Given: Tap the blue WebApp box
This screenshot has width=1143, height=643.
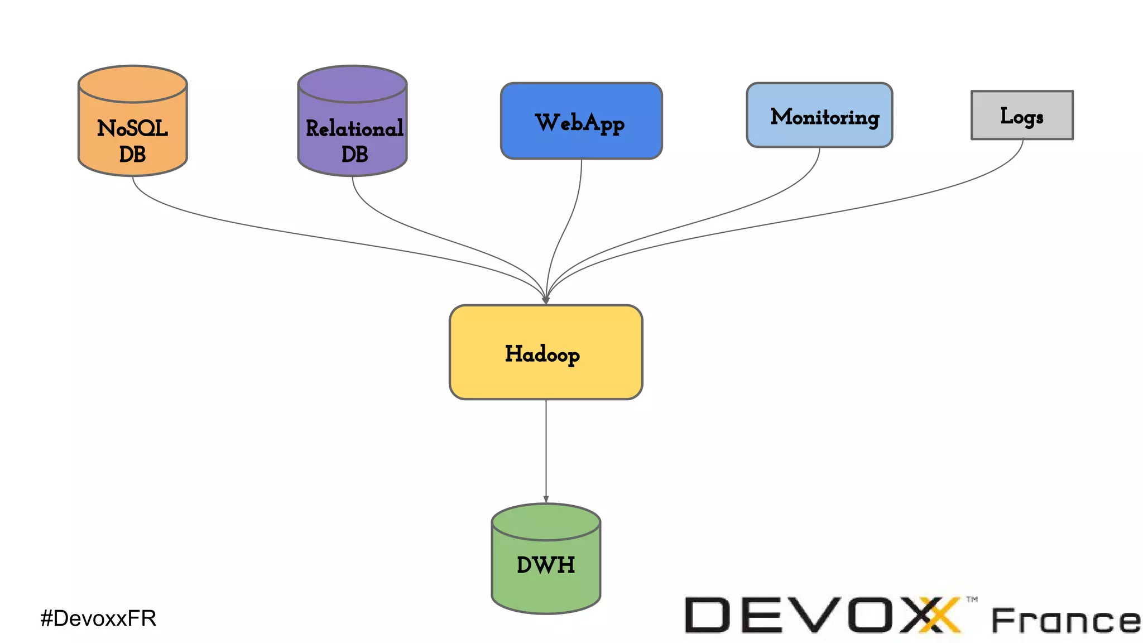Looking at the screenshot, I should tap(581, 121).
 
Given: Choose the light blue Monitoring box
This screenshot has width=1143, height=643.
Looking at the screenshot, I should tap(819, 116).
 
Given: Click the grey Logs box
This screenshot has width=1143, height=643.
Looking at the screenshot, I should tap(1022, 116).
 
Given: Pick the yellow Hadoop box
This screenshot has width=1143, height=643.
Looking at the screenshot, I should tap(546, 352).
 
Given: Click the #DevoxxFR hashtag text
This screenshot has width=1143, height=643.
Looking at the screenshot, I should tap(98, 618).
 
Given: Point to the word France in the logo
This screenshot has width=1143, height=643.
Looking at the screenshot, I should tap(1065, 621).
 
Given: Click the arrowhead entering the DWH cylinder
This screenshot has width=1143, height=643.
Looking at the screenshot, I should tap(546, 500).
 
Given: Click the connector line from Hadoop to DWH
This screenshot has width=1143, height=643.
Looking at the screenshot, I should tap(546, 447).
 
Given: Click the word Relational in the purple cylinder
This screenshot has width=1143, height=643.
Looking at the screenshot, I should tap(354, 129).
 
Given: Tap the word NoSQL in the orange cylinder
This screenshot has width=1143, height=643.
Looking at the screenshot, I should tap(132, 129).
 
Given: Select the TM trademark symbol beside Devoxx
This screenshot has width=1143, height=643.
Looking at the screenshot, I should tap(972, 599).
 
